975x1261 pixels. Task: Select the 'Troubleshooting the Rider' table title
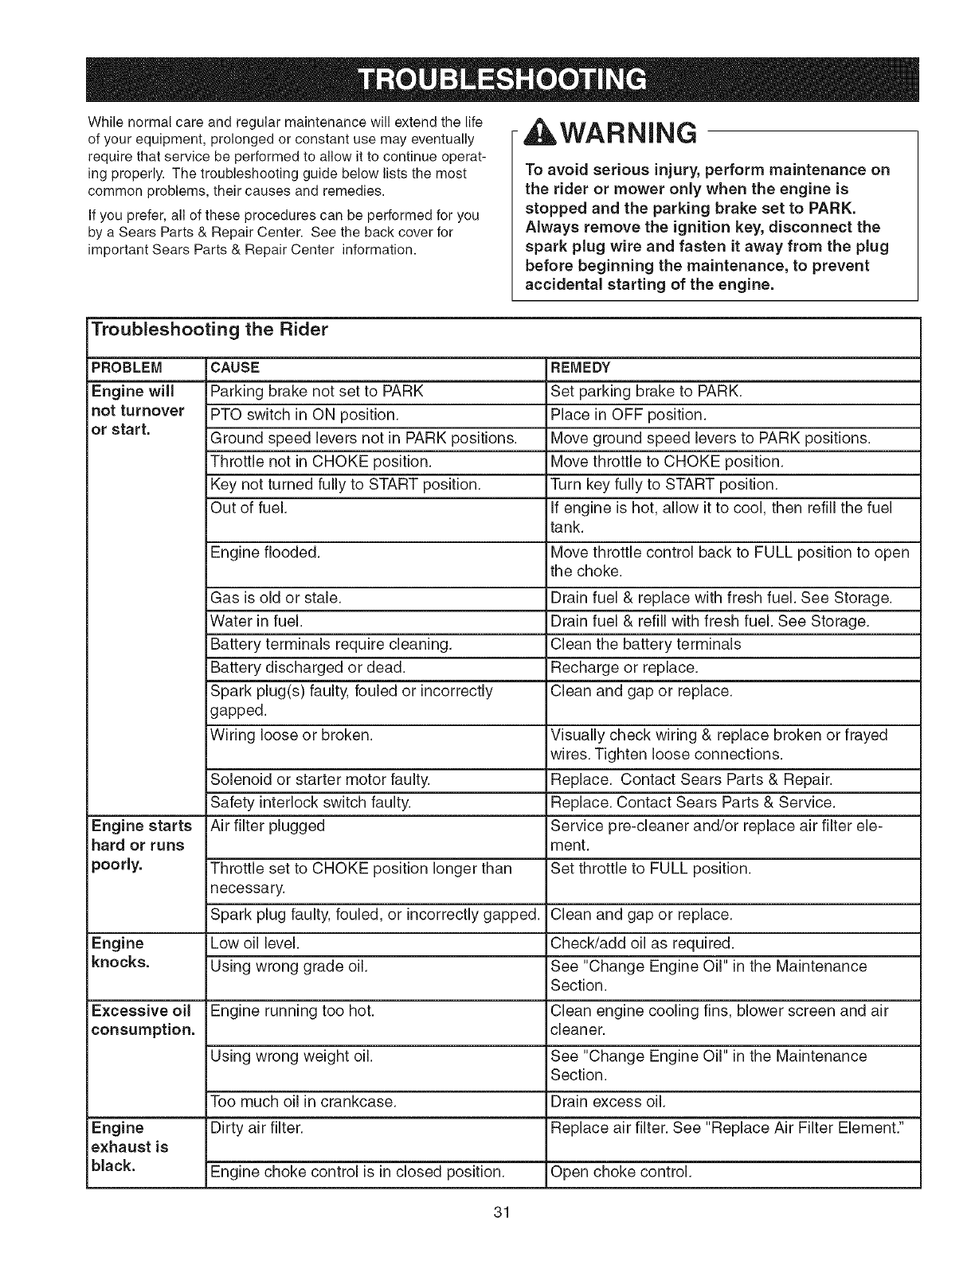click(x=210, y=330)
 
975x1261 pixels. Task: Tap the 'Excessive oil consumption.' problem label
click(x=143, y=1021)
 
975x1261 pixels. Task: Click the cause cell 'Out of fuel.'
click(x=248, y=508)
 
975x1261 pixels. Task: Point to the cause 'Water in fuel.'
click(x=256, y=621)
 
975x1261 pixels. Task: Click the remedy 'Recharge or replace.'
click(x=625, y=666)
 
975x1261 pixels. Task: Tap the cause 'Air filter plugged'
click(x=268, y=826)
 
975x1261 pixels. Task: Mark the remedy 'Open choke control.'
click(x=621, y=1172)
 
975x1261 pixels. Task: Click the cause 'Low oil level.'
click(x=255, y=944)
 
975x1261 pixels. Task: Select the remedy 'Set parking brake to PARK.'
click(x=646, y=392)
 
